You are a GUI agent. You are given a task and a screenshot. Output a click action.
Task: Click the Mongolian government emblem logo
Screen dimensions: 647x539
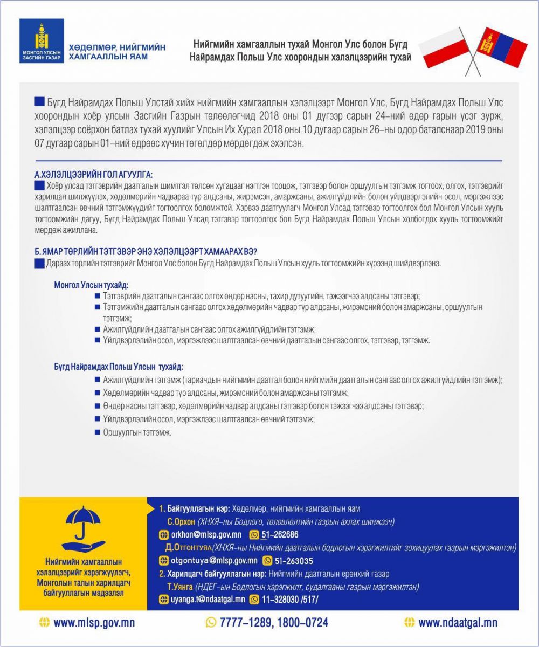pos(41,40)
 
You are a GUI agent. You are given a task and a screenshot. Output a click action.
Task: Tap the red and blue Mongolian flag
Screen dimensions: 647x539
pos(503,46)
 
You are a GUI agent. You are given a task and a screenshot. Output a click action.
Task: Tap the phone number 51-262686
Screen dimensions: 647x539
pos(280,535)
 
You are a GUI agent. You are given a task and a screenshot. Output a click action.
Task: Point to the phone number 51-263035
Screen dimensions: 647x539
pos(294,560)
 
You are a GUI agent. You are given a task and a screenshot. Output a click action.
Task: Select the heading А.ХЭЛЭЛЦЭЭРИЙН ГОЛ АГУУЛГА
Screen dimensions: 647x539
pos(93,175)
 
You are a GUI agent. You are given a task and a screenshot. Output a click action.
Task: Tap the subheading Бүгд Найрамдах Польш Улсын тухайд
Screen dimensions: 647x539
pos(118,367)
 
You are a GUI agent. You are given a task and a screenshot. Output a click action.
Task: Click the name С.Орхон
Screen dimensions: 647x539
pos(181,522)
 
